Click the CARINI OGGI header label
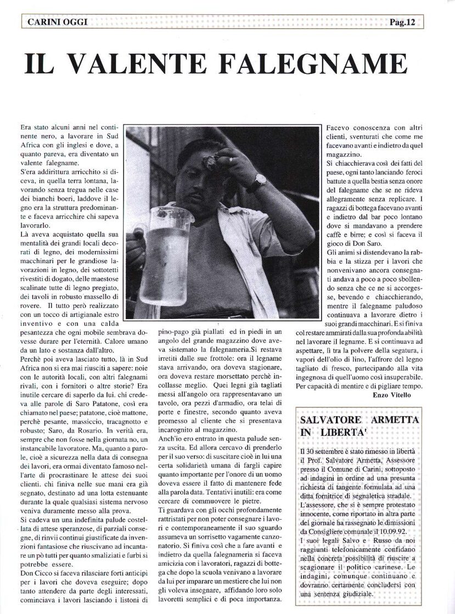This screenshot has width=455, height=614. [54, 22]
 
